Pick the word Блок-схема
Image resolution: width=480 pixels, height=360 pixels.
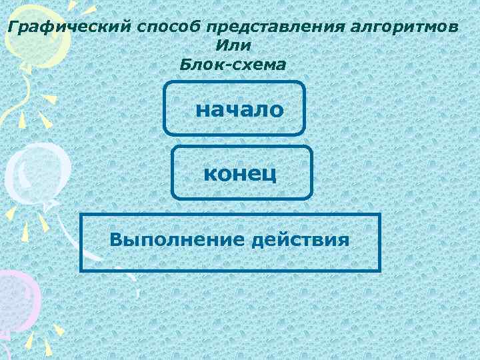(233, 65)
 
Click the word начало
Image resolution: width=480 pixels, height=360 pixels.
(239, 109)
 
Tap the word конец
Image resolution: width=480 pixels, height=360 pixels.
(241, 174)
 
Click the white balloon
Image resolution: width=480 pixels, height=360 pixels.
(37, 170)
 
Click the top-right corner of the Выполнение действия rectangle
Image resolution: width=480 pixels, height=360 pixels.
(379, 215)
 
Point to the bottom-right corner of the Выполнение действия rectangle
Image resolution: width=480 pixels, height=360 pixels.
(379, 270)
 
